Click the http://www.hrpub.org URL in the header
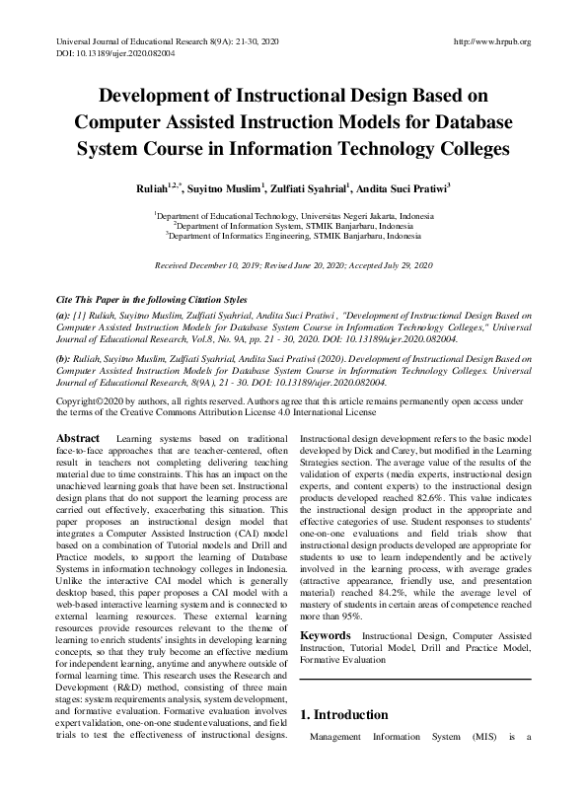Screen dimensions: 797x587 (490, 41)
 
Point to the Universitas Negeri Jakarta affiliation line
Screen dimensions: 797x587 (293, 213)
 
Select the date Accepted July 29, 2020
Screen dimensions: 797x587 (394, 266)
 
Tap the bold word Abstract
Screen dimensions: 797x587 (78, 437)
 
